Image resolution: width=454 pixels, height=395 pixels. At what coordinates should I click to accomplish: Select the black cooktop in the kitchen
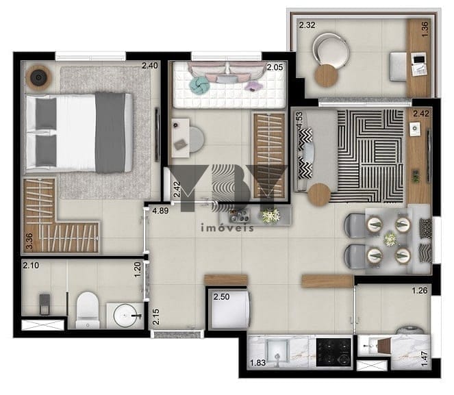point(333,352)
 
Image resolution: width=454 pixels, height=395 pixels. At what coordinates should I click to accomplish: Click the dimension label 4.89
point(160,211)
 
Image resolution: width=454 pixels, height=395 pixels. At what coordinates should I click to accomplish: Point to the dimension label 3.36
point(29,242)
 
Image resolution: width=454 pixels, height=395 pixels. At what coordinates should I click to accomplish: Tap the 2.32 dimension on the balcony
point(307,25)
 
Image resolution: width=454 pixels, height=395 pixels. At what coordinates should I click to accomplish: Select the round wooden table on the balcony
point(327,75)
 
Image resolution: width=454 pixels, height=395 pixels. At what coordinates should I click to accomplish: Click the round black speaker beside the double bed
point(38,77)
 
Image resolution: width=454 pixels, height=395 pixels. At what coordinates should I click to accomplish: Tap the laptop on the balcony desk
point(418,64)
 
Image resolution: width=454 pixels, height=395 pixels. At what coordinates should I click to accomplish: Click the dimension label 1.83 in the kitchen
point(257,363)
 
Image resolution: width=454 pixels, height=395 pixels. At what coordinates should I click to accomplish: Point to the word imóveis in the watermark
point(227,228)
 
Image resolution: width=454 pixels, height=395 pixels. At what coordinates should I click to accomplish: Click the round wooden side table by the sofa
point(319,194)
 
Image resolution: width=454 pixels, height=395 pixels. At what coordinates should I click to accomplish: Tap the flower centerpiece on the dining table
point(390,239)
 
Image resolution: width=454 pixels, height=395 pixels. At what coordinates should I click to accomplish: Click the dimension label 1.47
point(424,358)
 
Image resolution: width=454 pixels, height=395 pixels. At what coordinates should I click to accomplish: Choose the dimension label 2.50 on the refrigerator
point(221,297)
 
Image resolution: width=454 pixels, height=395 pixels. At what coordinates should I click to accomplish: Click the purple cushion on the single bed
point(253,86)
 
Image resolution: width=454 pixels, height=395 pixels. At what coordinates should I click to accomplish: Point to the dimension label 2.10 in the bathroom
point(31,265)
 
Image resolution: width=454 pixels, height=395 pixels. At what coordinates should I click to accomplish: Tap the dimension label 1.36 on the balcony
point(425,29)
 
